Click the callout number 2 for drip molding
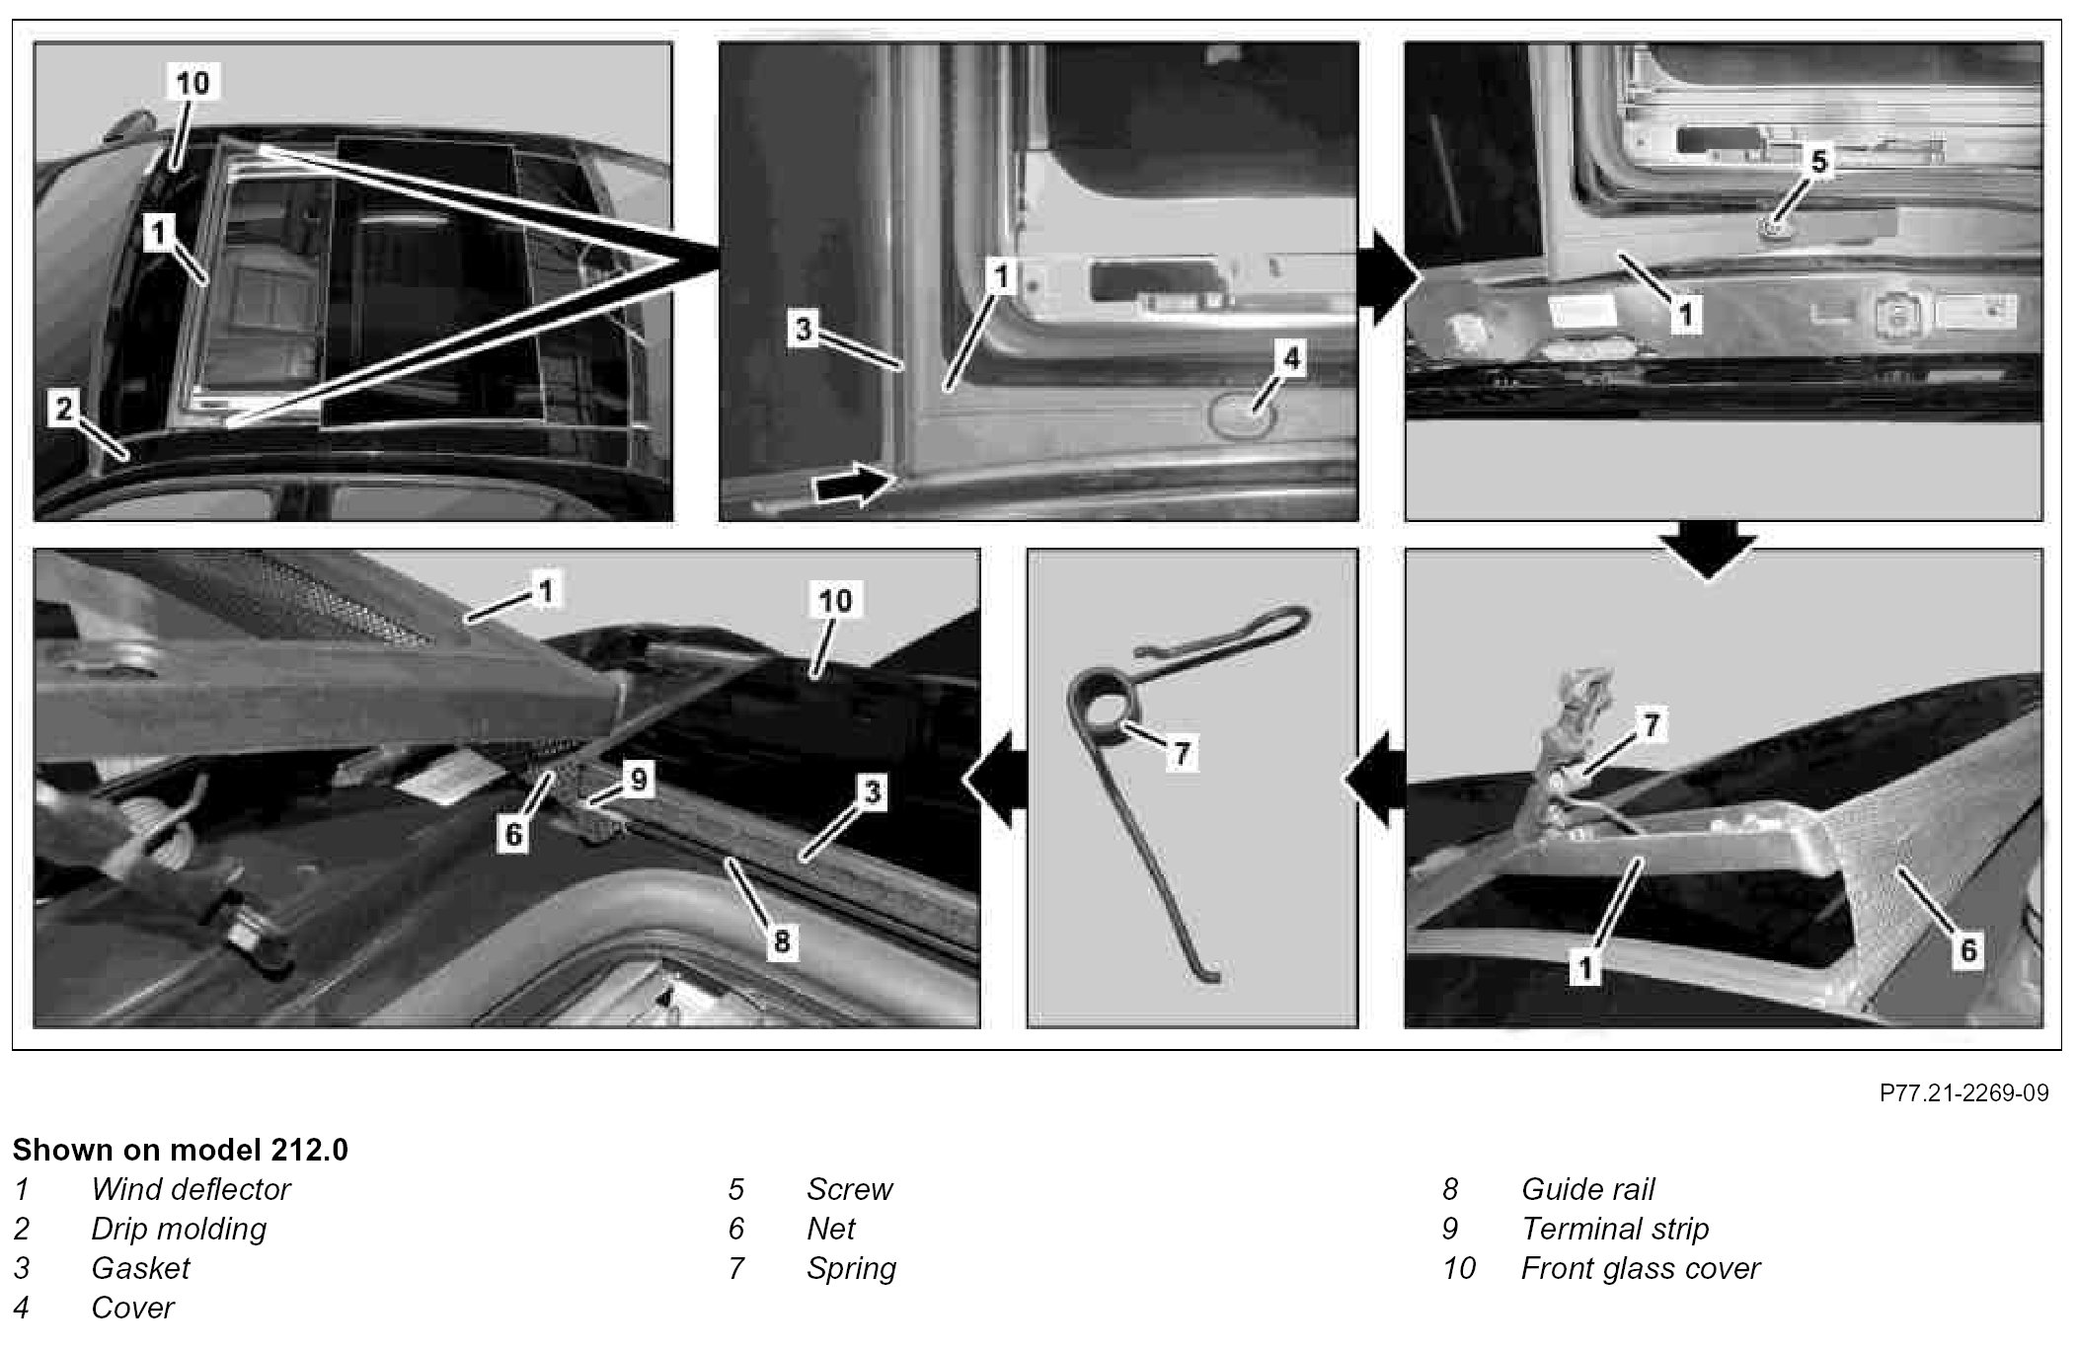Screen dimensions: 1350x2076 [x=64, y=408]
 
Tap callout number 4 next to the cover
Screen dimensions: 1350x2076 [x=1291, y=359]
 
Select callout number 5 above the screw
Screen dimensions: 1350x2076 [x=1818, y=161]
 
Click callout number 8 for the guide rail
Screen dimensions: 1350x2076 [x=781, y=940]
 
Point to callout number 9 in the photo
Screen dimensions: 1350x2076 [x=639, y=780]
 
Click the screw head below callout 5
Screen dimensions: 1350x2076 [x=1775, y=230]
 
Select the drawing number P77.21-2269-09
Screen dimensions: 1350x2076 [x=1963, y=1093]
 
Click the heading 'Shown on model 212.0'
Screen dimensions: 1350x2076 [x=181, y=1150]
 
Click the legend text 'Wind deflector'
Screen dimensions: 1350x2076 [x=191, y=1189]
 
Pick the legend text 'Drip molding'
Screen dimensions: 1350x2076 [x=179, y=1229]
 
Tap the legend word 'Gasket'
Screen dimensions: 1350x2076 [x=140, y=1268]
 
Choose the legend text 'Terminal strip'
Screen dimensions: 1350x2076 [x=1615, y=1229]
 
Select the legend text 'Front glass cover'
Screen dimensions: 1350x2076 [x=1641, y=1268]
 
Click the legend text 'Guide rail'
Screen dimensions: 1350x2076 [x=1587, y=1189]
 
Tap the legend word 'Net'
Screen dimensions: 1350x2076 [x=831, y=1229]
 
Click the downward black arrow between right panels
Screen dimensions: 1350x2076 [x=1709, y=554]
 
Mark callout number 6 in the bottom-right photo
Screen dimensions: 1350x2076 [x=1967, y=950]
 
